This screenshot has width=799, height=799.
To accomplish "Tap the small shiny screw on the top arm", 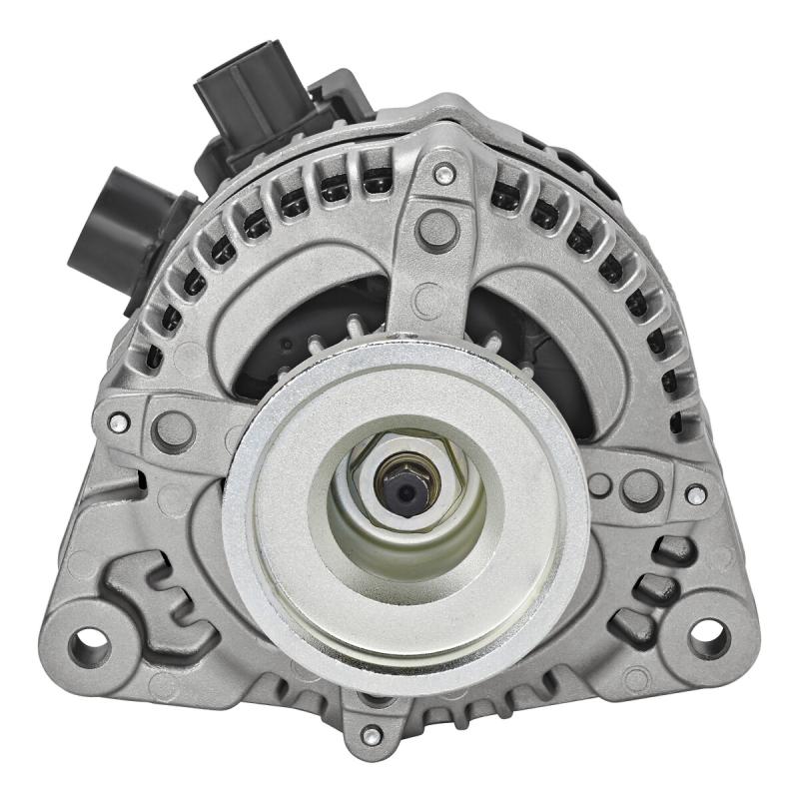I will pyautogui.click(x=438, y=177).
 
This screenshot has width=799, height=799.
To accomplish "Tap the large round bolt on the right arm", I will pyautogui.click(x=640, y=486).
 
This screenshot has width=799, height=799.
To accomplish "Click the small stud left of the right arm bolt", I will pyautogui.click(x=599, y=486).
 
